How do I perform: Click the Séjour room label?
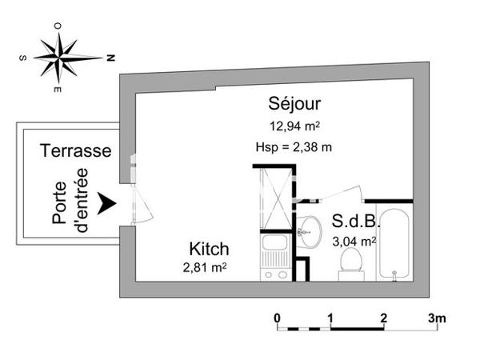(x=295, y=104)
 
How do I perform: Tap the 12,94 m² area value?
(x=295, y=125)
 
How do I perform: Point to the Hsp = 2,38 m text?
(x=294, y=146)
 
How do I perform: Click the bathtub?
(x=394, y=244)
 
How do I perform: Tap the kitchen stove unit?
(x=275, y=256)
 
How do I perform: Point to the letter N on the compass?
(x=111, y=58)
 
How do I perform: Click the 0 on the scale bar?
(x=277, y=318)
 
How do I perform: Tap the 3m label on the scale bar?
(x=435, y=318)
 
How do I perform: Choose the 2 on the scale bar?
(x=384, y=318)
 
